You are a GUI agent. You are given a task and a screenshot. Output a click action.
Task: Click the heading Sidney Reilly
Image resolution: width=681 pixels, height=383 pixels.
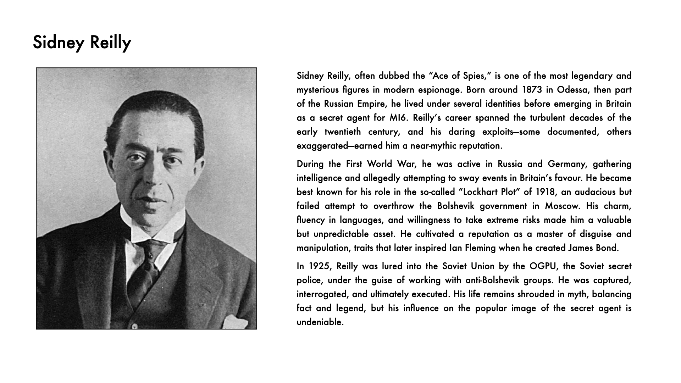[x=82, y=43]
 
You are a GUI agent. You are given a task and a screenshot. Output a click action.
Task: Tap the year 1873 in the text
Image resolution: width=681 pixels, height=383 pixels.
[x=532, y=90]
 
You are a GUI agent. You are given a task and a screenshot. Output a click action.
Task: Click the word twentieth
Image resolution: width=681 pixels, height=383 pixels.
[x=343, y=132]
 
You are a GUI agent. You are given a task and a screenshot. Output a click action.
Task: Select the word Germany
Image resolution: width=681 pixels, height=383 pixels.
[x=566, y=164]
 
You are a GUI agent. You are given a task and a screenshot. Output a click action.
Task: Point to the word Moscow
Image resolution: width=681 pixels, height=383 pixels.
[x=562, y=206]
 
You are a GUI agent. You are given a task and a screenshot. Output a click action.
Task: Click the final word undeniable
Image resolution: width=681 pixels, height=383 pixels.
[x=320, y=322]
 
